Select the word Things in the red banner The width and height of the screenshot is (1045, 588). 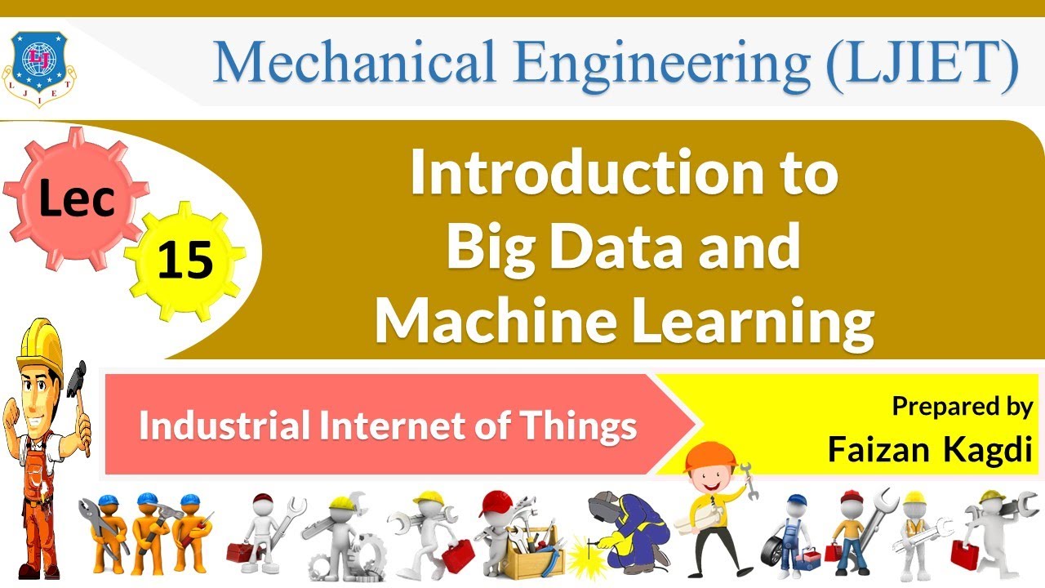point(585,426)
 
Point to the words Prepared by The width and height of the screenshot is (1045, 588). point(962,406)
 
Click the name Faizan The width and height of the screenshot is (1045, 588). point(878,448)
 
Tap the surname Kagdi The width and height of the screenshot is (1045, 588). point(990,448)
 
